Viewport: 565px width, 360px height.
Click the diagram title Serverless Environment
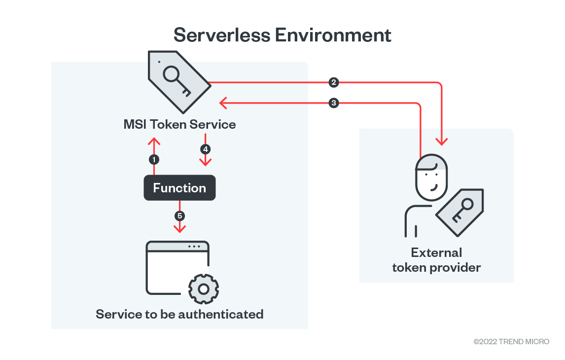coord(282,35)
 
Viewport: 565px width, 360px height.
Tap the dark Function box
coord(179,188)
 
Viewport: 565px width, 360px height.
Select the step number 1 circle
coord(154,159)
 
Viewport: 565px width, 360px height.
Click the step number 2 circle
coord(334,82)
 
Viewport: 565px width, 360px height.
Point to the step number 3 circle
coord(334,103)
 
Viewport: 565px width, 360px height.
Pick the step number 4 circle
coord(205,148)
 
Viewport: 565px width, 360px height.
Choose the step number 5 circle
coord(179,216)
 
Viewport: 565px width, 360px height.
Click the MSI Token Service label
coord(179,124)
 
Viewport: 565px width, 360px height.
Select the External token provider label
coord(436,260)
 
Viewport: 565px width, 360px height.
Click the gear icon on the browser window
coord(204,288)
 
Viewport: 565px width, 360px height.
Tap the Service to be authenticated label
coord(179,314)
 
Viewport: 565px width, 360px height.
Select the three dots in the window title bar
coord(194,247)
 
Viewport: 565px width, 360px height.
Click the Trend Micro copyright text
coord(511,341)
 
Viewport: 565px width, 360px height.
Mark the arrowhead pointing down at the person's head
coord(442,141)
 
